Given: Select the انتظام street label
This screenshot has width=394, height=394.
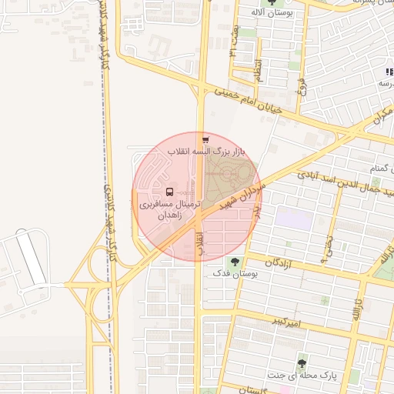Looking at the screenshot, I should coord(259,71).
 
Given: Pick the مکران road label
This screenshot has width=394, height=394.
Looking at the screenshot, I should coord(382,115).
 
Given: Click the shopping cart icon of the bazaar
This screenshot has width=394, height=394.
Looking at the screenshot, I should coord(205,140).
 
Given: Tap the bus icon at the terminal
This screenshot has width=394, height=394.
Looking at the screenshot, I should coord(169,192).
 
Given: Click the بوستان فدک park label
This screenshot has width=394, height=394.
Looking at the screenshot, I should coord(232,272).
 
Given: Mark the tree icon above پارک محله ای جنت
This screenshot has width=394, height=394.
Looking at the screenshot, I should coord(302,362).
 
